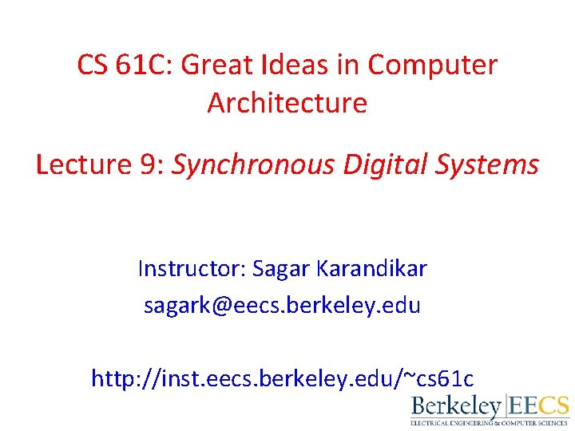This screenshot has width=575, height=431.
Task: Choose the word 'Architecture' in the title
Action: point(287,103)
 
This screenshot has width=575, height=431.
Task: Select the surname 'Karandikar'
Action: point(371,269)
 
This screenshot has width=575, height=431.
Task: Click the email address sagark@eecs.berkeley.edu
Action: point(282,306)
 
